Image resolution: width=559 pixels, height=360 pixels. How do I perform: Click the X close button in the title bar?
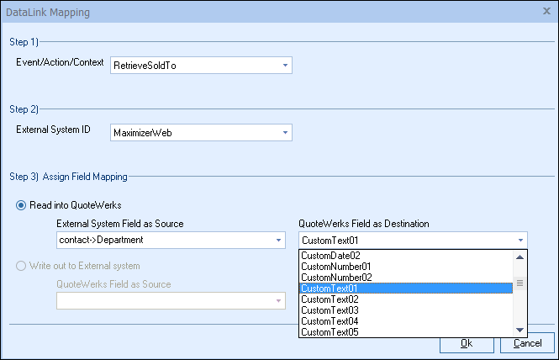tap(546, 11)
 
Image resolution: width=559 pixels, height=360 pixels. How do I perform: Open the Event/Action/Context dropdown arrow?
tap(285, 66)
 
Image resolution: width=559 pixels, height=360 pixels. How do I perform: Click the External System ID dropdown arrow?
tap(285, 133)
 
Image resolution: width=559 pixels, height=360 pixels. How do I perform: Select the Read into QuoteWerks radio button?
tap(21, 205)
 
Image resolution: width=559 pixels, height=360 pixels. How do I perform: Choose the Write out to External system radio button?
tap(21, 266)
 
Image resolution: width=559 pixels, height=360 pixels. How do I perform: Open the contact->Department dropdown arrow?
tap(278, 240)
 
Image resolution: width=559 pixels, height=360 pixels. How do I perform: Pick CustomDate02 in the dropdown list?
tap(330, 256)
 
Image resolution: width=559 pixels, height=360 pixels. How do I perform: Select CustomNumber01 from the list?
tap(336, 267)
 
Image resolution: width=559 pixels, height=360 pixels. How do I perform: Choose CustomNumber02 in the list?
tap(336, 278)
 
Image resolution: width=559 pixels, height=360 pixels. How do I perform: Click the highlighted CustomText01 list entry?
tap(406, 289)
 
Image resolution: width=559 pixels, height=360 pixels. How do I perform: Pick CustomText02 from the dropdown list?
tap(330, 299)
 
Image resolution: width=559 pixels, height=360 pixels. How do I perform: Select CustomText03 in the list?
tap(330, 310)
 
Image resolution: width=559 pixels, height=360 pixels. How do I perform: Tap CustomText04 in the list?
tap(330, 321)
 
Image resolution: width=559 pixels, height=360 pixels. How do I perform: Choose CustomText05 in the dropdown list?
tap(330, 332)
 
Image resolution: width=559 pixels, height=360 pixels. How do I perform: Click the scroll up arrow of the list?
tap(519, 257)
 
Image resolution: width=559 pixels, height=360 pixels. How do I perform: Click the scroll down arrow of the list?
tap(519, 330)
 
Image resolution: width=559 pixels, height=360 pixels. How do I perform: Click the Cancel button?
tap(527, 343)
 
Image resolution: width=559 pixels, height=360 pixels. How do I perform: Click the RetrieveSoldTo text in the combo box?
tap(145, 66)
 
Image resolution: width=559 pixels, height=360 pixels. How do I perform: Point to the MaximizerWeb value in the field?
tap(143, 133)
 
